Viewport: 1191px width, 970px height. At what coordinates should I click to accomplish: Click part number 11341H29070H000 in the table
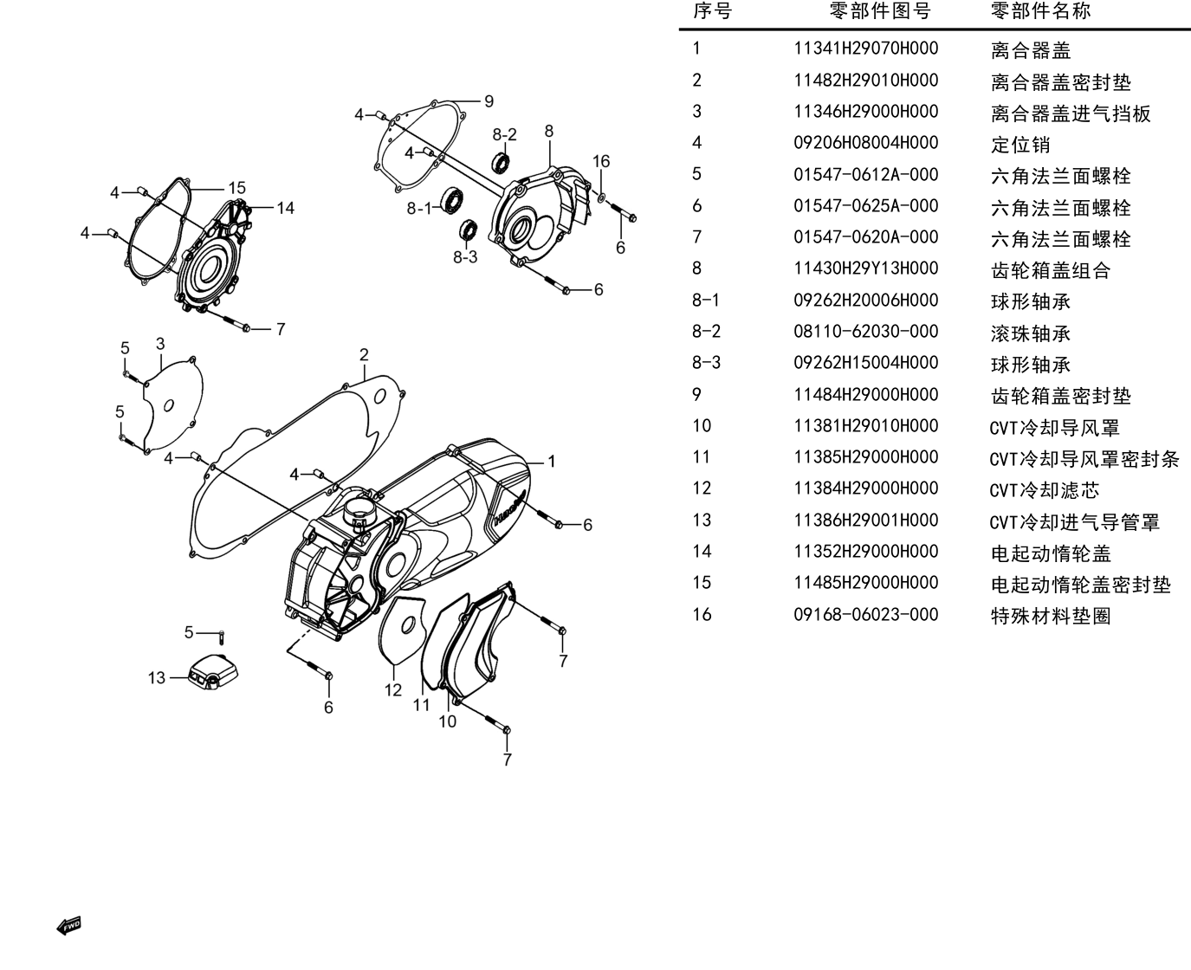click(865, 48)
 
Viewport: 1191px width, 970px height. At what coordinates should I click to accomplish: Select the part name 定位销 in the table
click(1020, 145)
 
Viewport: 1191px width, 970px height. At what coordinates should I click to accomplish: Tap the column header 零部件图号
click(880, 10)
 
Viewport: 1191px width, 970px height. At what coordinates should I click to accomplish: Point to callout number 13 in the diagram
click(157, 677)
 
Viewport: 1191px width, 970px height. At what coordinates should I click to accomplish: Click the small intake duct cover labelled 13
click(213, 671)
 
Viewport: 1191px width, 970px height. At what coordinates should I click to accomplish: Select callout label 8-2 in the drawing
click(504, 135)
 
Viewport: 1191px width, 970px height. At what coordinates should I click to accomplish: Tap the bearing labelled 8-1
click(452, 200)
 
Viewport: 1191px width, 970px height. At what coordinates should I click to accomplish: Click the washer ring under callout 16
click(601, 197)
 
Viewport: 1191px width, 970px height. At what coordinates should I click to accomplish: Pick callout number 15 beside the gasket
click(237, 188)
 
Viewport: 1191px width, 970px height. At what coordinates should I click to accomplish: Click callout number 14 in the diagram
click(286, 208)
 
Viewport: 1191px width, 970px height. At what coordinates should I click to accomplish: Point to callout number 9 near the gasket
click(489, 101)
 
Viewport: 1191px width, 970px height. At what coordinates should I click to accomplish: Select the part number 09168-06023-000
click(865, 614)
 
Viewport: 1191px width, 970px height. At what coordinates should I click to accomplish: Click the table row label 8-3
click(706, 362)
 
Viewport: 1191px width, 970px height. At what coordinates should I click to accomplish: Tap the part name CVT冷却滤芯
click(1044, 490)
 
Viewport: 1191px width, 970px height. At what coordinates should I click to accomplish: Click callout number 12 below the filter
click(393, 689)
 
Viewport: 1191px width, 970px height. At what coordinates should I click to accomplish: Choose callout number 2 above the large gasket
click(364, 354)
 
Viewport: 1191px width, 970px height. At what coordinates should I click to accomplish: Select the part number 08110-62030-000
click(865, 331)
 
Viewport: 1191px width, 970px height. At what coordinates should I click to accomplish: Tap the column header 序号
click(712, 10)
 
